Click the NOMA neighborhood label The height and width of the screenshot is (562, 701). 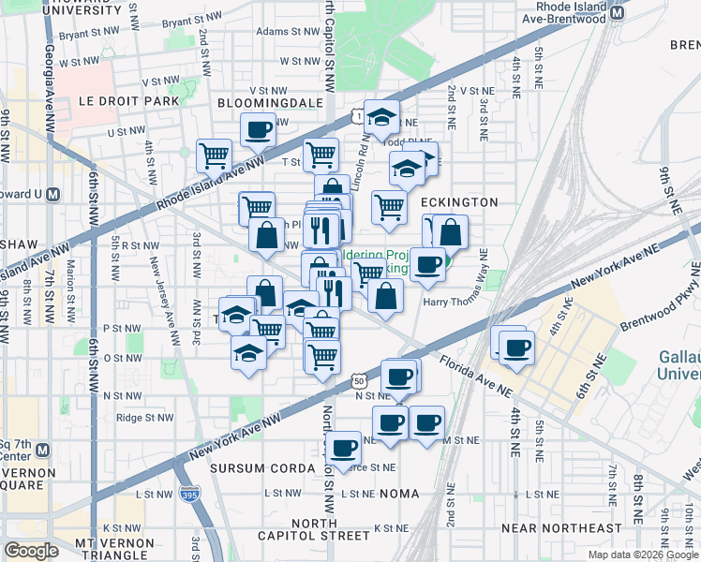point(398,493)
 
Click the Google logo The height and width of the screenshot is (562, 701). point(32,550)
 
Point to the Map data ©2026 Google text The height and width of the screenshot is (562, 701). point(643,555)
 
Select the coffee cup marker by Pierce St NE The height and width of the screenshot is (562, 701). point(344,446)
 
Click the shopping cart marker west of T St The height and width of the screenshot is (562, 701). point(215,154)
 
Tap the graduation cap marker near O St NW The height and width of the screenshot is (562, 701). point(247,352)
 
